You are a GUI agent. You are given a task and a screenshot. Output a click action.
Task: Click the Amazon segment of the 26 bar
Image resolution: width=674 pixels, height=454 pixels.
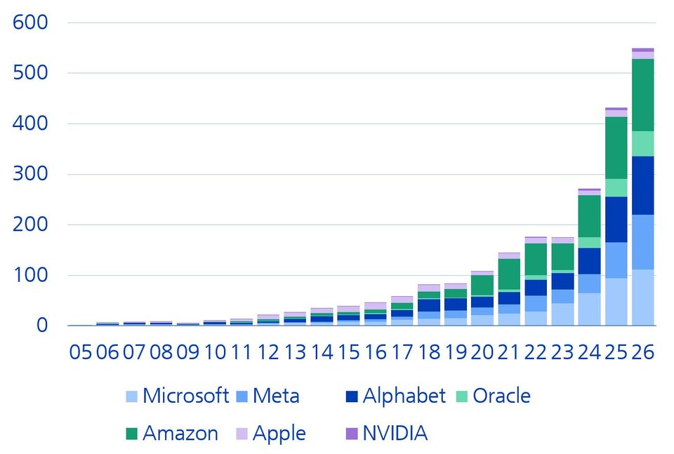tap(642, 95)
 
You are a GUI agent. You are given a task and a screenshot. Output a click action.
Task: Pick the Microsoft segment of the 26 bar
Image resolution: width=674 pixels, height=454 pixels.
tap(642, 298)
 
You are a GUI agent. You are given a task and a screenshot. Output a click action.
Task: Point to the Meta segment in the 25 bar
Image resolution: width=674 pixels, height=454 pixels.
tap(616, 260)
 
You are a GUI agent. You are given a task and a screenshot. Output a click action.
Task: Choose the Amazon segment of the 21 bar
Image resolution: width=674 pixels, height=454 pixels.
tap(509, 274)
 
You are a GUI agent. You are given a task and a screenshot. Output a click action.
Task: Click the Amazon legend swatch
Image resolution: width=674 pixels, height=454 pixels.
tap(131, 434)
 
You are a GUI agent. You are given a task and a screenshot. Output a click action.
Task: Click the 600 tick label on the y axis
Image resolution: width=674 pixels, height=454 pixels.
tap(30, 22)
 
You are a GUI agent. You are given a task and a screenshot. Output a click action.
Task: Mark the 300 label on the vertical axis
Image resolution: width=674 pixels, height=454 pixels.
tap(30, 174)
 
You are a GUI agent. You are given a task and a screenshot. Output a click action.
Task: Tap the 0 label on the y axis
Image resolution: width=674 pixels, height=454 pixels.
tap(41, 326)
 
